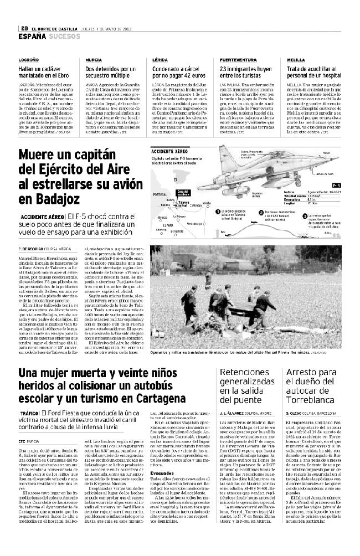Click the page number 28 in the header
pyautogui.click(x=25, y=29)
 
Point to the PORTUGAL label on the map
pyautogui.click(x=160, y=195)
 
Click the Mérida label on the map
pyautogui.click(x=206, y=204)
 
